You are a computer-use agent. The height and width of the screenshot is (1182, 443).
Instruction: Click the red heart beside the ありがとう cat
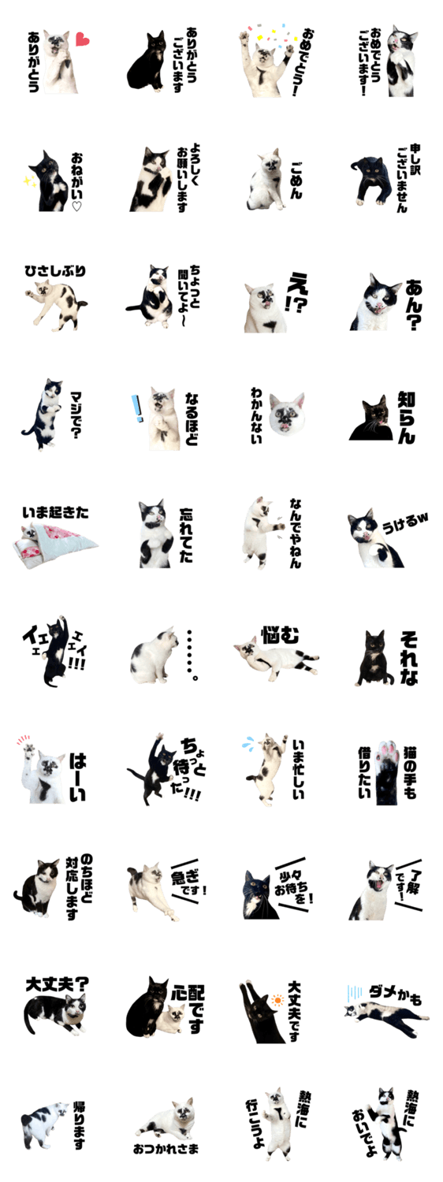pyautogui.click(x=82, y=39)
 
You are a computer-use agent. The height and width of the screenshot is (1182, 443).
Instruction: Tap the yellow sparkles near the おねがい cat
pyautogui.click(x=28, y=181)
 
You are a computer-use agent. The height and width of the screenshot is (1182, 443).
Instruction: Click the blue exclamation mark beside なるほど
pyautogui.click(x=137, y=408)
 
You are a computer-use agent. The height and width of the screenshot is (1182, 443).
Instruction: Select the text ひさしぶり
pyautogui.click(x=55, y=271)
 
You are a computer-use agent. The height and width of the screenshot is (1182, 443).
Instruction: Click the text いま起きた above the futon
pyautogui.click(x=55, y=512)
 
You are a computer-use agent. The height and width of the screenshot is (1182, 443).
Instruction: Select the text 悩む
pyautogui.click(x=280, y=635)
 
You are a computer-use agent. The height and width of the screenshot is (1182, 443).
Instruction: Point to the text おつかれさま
pyautogui.click(x=166, y=1147)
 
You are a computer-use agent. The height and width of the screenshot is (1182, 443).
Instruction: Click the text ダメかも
pyautogui.click(x=396, y=995)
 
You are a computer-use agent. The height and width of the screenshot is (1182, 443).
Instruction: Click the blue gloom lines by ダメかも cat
pyautogui.click(x=354, y=993)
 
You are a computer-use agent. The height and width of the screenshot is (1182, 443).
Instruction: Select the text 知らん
pyautogui.click(x=407, y=417)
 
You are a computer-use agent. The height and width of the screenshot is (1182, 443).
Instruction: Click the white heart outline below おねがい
pyautogui.click(x=76, y=206)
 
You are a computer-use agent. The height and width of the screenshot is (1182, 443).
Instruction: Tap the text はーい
pyautogui.click(x=77, y=777)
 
